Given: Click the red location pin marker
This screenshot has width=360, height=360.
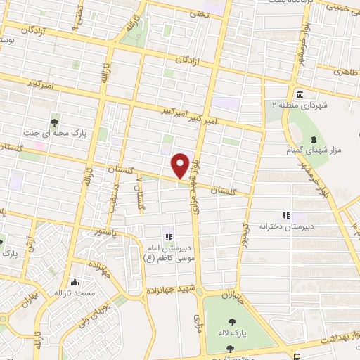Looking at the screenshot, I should (x=181, y=165).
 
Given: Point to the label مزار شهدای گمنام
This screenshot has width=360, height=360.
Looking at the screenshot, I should (x=313, y=144).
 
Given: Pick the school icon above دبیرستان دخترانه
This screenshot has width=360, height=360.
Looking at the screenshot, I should (x=285, y=215).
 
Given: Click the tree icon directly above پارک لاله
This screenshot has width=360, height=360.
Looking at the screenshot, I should (x=233, y=326).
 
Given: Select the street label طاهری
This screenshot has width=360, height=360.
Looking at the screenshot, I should (x=347, y=71).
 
